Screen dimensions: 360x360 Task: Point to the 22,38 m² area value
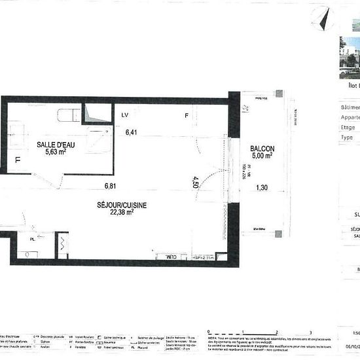pos(121,212)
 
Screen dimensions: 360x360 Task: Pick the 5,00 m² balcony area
pos(262,156)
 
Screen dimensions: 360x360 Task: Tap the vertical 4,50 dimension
pos(194,181)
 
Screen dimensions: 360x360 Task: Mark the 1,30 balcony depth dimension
pos(262,188)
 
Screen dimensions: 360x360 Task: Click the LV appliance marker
pos(124,116)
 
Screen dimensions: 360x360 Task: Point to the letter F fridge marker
pos(186,116)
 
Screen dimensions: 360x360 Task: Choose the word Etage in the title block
pos(348,128)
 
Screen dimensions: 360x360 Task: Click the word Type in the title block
pos(347,137)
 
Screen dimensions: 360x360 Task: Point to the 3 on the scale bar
pos(311,333)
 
